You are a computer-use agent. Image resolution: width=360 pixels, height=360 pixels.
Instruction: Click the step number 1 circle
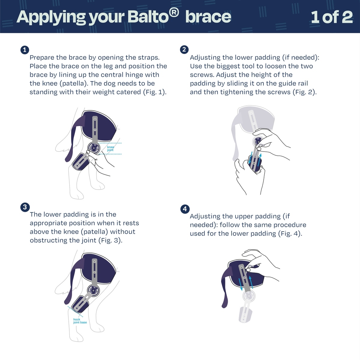[25, 50]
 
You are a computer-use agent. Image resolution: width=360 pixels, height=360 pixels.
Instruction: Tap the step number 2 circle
[184, 49]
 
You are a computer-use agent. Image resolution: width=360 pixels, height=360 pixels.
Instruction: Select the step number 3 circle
[25, 207]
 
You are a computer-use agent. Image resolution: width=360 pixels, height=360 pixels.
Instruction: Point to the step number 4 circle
[185, 209]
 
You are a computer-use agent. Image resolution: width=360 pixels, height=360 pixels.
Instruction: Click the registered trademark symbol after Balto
[174, 13]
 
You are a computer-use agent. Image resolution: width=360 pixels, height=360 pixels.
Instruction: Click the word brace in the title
[208, 17]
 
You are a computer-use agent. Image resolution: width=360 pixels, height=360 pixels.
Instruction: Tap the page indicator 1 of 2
[332, 17]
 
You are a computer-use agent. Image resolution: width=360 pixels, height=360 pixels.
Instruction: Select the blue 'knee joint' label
[111, 148]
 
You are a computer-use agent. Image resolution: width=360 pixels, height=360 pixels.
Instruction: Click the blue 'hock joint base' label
[80, 321]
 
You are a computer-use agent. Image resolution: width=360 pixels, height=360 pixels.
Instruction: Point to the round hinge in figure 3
[93, 291]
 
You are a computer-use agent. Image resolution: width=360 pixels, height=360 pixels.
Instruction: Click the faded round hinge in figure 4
[249, 296]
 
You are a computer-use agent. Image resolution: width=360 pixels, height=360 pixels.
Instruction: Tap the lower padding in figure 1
[81, 162]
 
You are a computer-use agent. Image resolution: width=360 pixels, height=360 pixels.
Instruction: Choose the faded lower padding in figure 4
[245, 314]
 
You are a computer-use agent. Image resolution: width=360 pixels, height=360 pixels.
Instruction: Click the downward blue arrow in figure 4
[240, 284]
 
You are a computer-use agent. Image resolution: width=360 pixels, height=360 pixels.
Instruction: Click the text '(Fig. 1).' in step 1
[155, 92]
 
